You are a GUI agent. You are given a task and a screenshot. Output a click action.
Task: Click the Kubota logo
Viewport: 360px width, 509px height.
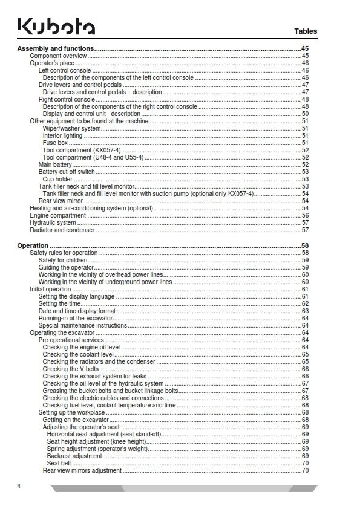coord(56,27)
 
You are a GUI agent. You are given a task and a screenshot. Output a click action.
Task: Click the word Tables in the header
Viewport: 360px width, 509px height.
coord(305,31)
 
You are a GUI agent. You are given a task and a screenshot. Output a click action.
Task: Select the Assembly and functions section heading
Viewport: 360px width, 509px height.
coord(56,48)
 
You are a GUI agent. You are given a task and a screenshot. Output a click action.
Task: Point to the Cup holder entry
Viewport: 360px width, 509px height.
coord(58,179)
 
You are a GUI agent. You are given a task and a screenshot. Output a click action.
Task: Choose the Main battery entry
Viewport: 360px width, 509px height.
coord(55,164)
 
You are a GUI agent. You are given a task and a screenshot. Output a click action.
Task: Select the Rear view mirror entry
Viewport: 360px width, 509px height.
coord(61,201)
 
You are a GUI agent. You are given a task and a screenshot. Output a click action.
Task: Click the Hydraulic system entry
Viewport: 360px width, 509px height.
coord(53,222)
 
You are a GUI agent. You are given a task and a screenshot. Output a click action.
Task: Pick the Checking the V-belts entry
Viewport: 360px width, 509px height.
coord(71,369)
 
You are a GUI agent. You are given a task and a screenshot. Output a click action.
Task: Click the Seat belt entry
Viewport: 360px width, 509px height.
coord(59,463)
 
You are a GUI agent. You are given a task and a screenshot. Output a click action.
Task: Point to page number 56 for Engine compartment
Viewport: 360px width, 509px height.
coord(305,215)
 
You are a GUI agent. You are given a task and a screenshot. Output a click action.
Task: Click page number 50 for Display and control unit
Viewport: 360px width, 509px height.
coord(305,114)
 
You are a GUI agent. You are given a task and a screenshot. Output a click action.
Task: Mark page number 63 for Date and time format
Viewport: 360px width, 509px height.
coord(305,311)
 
